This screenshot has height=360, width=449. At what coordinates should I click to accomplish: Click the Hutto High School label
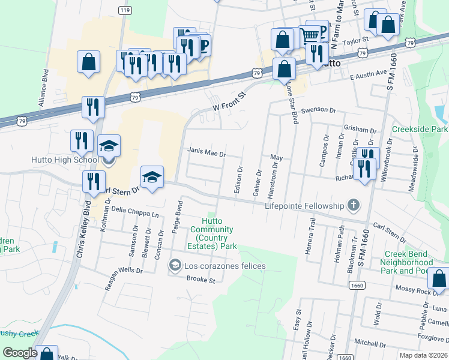point(65,160)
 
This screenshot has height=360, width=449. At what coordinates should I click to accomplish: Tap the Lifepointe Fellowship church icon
point(354,206)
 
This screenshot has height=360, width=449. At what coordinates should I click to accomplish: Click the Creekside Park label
point(420,129)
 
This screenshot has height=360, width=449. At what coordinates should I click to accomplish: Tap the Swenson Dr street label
point(324,110)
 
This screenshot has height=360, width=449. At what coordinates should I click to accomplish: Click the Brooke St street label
point(200,279)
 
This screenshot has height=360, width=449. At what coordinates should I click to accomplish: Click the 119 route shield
point(125,11)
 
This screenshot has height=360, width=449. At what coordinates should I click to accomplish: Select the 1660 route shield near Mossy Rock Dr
point(357,285)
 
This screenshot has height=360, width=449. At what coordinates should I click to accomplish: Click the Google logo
point(20,353)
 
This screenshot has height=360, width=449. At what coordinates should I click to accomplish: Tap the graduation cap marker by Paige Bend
point(152,177)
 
